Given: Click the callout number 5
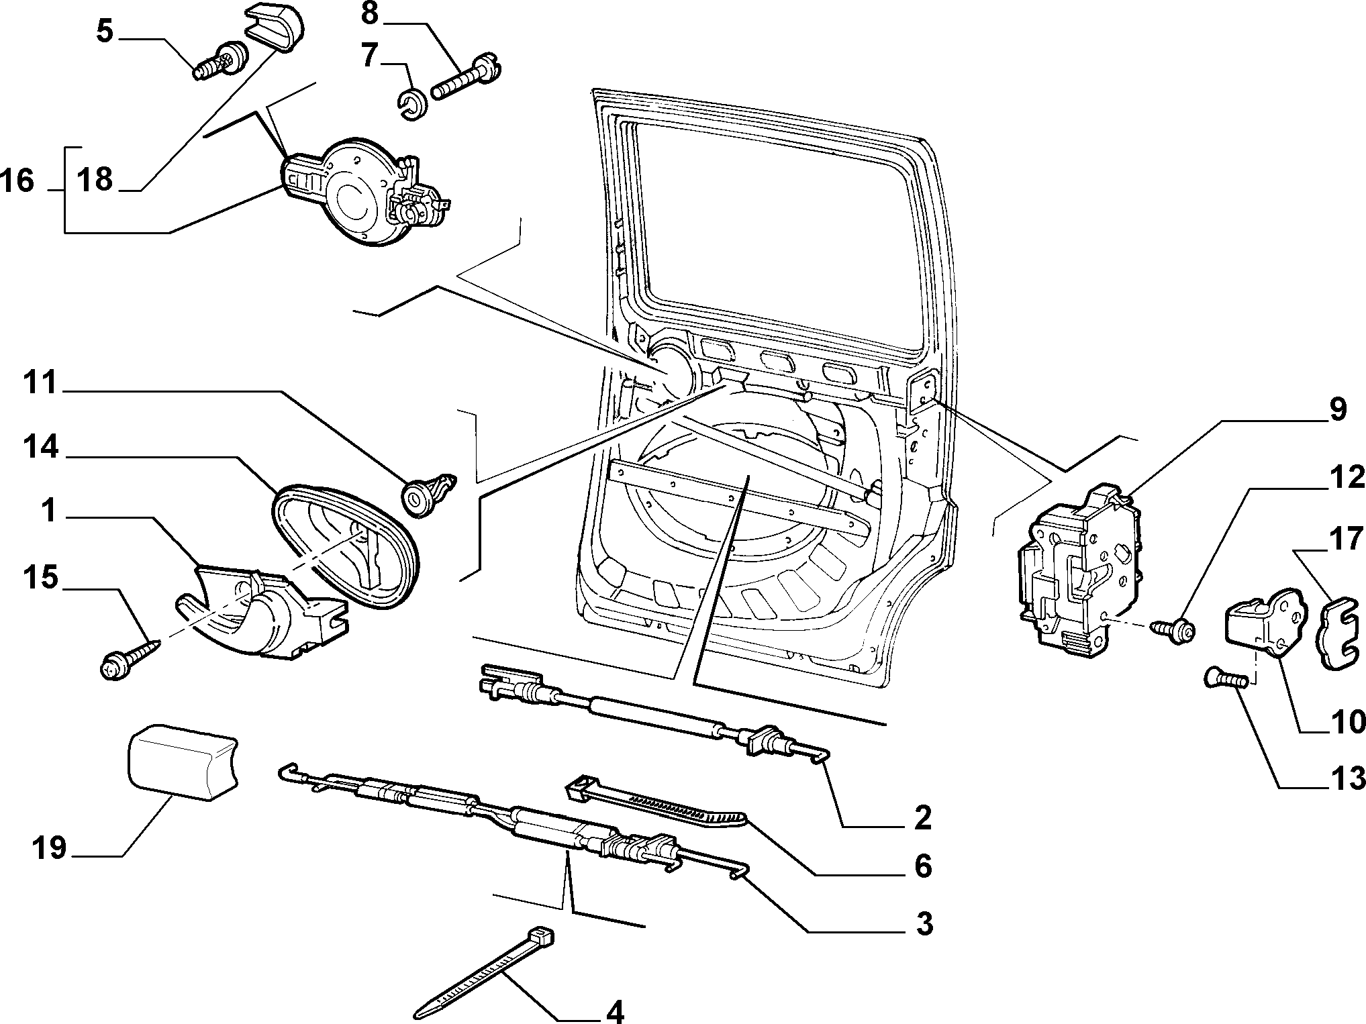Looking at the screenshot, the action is [105, 31].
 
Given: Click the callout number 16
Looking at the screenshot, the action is [17, 181].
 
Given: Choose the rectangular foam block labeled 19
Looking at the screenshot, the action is [182, 762].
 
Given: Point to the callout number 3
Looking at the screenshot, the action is [924, 924].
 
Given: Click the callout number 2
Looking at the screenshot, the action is [923, 817].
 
